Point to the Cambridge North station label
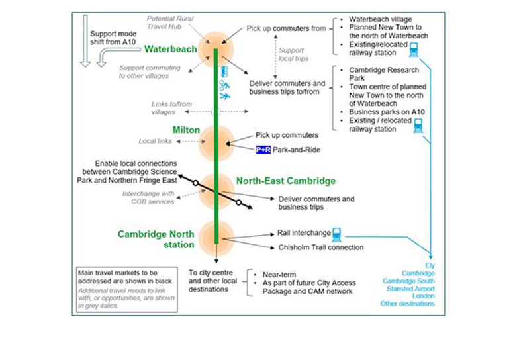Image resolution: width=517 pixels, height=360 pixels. pos(156,239)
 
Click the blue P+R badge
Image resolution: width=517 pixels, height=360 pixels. pos(263,150)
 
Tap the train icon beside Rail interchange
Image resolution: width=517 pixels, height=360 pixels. pos(337,234)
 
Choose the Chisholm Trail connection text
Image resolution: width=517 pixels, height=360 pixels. pos(320,247)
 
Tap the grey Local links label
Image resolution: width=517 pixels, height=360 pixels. pos(156,141)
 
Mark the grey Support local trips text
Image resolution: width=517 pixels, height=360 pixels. pos(291,54)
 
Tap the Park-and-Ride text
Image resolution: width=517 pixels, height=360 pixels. pos(297,150)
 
